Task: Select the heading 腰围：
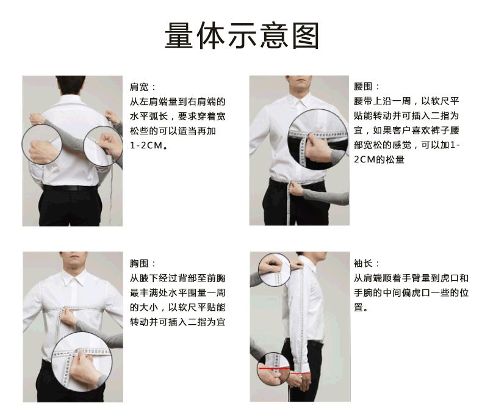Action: tap(367, 87)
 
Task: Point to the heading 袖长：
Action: tap(367, 264)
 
